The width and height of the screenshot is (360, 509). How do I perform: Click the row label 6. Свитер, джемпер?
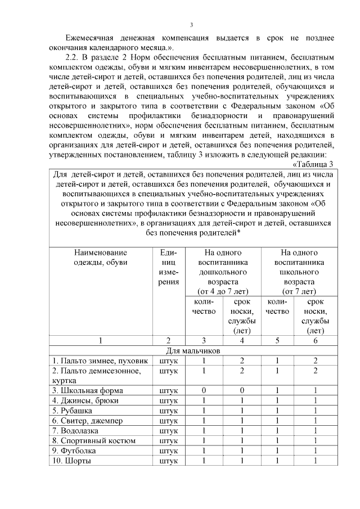point(87,421)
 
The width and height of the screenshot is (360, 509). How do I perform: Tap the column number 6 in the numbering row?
point(316,340)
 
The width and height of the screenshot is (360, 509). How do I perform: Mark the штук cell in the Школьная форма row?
point(169,390)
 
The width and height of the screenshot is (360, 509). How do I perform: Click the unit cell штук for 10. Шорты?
point(169,461)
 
